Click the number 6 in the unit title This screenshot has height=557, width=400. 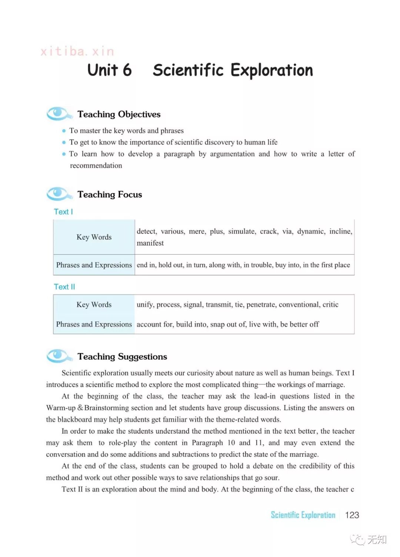click(127, 70)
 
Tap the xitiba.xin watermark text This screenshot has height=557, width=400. click(77, 51)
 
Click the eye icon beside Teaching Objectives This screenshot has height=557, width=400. click(58, 113)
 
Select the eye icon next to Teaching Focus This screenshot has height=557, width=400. click(58, 193)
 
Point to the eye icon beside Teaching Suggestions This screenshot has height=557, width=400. click(58, 356)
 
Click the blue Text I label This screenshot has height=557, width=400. click(63, 212)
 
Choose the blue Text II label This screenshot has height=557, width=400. click(64, 287)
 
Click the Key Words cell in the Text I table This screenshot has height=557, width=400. click(94, 237)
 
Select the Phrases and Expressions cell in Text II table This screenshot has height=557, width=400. click(94, 324)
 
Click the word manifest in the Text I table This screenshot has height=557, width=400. click(150, 243)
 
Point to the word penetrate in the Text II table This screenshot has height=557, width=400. click(260, 305)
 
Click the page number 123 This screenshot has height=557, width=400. click(352, 515)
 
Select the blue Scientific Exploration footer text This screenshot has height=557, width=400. click(303, 515)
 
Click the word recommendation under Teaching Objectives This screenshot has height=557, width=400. click(96, 166)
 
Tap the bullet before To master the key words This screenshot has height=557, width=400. click(64, 131)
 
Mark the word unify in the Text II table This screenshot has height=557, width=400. click(144, 305)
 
